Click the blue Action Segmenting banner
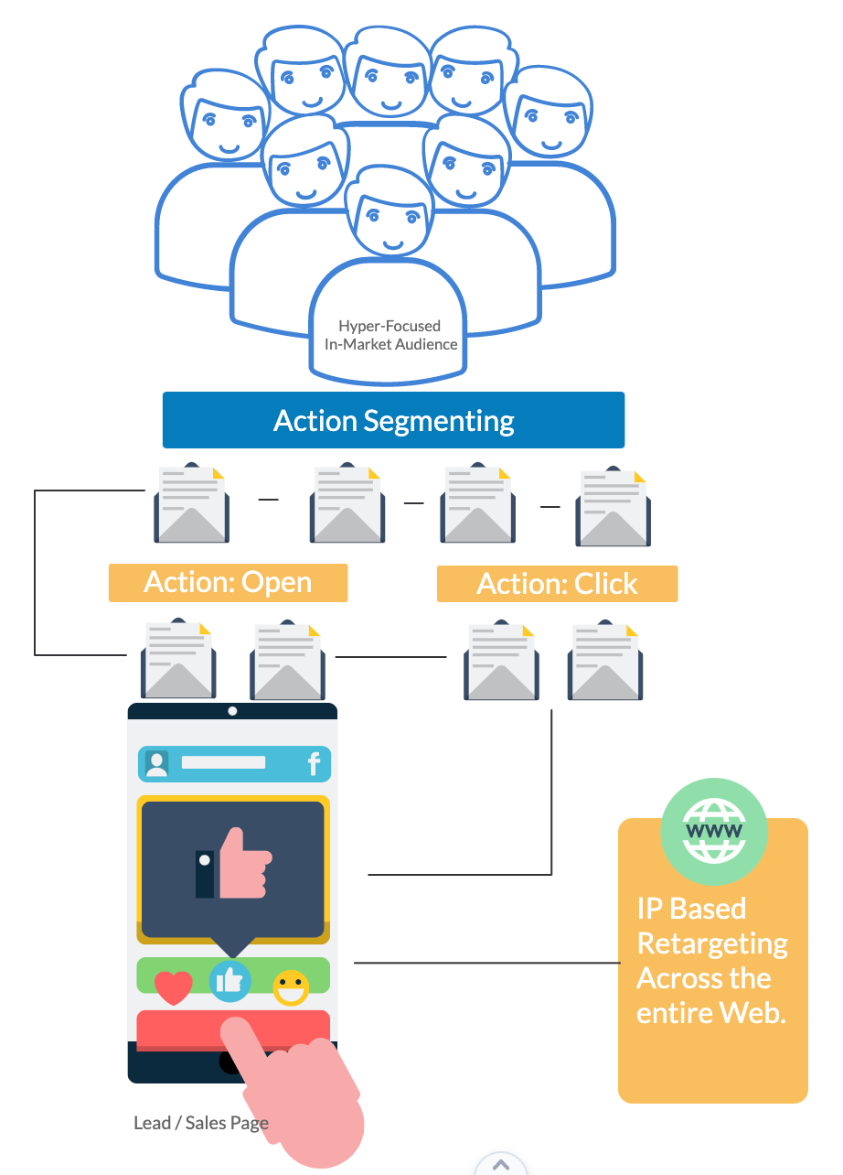point(393,420)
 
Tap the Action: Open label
point(228,583)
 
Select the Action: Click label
point(557,584)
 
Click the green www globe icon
point(714,829)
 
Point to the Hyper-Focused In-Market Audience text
point(390,335)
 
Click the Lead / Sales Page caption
point(201,1123)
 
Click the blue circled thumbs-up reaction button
point(229,981)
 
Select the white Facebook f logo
point(314,764)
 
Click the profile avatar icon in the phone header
point(157,764)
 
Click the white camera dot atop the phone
point(232,711)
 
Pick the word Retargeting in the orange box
point(712,943)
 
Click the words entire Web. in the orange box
point(711,1013)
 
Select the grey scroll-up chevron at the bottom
point(500,1165)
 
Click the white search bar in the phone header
point(223,762)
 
